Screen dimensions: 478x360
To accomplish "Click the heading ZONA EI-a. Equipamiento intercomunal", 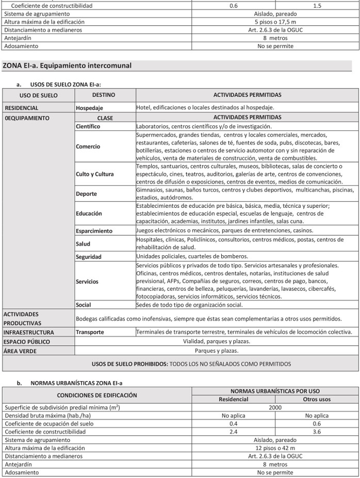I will click(67, 65).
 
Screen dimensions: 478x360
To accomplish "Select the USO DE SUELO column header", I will click(39, 95).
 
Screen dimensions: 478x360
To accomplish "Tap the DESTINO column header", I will click(104, 95).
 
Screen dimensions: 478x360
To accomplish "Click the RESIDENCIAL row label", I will click(22, 108).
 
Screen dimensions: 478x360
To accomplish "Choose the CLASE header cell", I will click(105, 118).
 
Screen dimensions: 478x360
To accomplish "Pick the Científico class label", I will click(88, 126).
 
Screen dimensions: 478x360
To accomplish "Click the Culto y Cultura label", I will click(95, 174).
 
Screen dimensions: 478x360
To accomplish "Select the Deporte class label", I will click(86, 194).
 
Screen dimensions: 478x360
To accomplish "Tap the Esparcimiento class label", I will click(94, 230).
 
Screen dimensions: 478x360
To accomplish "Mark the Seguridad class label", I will click(89, 257).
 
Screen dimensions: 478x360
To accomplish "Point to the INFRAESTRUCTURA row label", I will click(29, 332).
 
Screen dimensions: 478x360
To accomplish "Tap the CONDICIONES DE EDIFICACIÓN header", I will click(97, 395).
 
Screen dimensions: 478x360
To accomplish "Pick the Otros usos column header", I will click(317, 399).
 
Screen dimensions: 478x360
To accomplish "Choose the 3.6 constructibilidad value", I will click(317, 432).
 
